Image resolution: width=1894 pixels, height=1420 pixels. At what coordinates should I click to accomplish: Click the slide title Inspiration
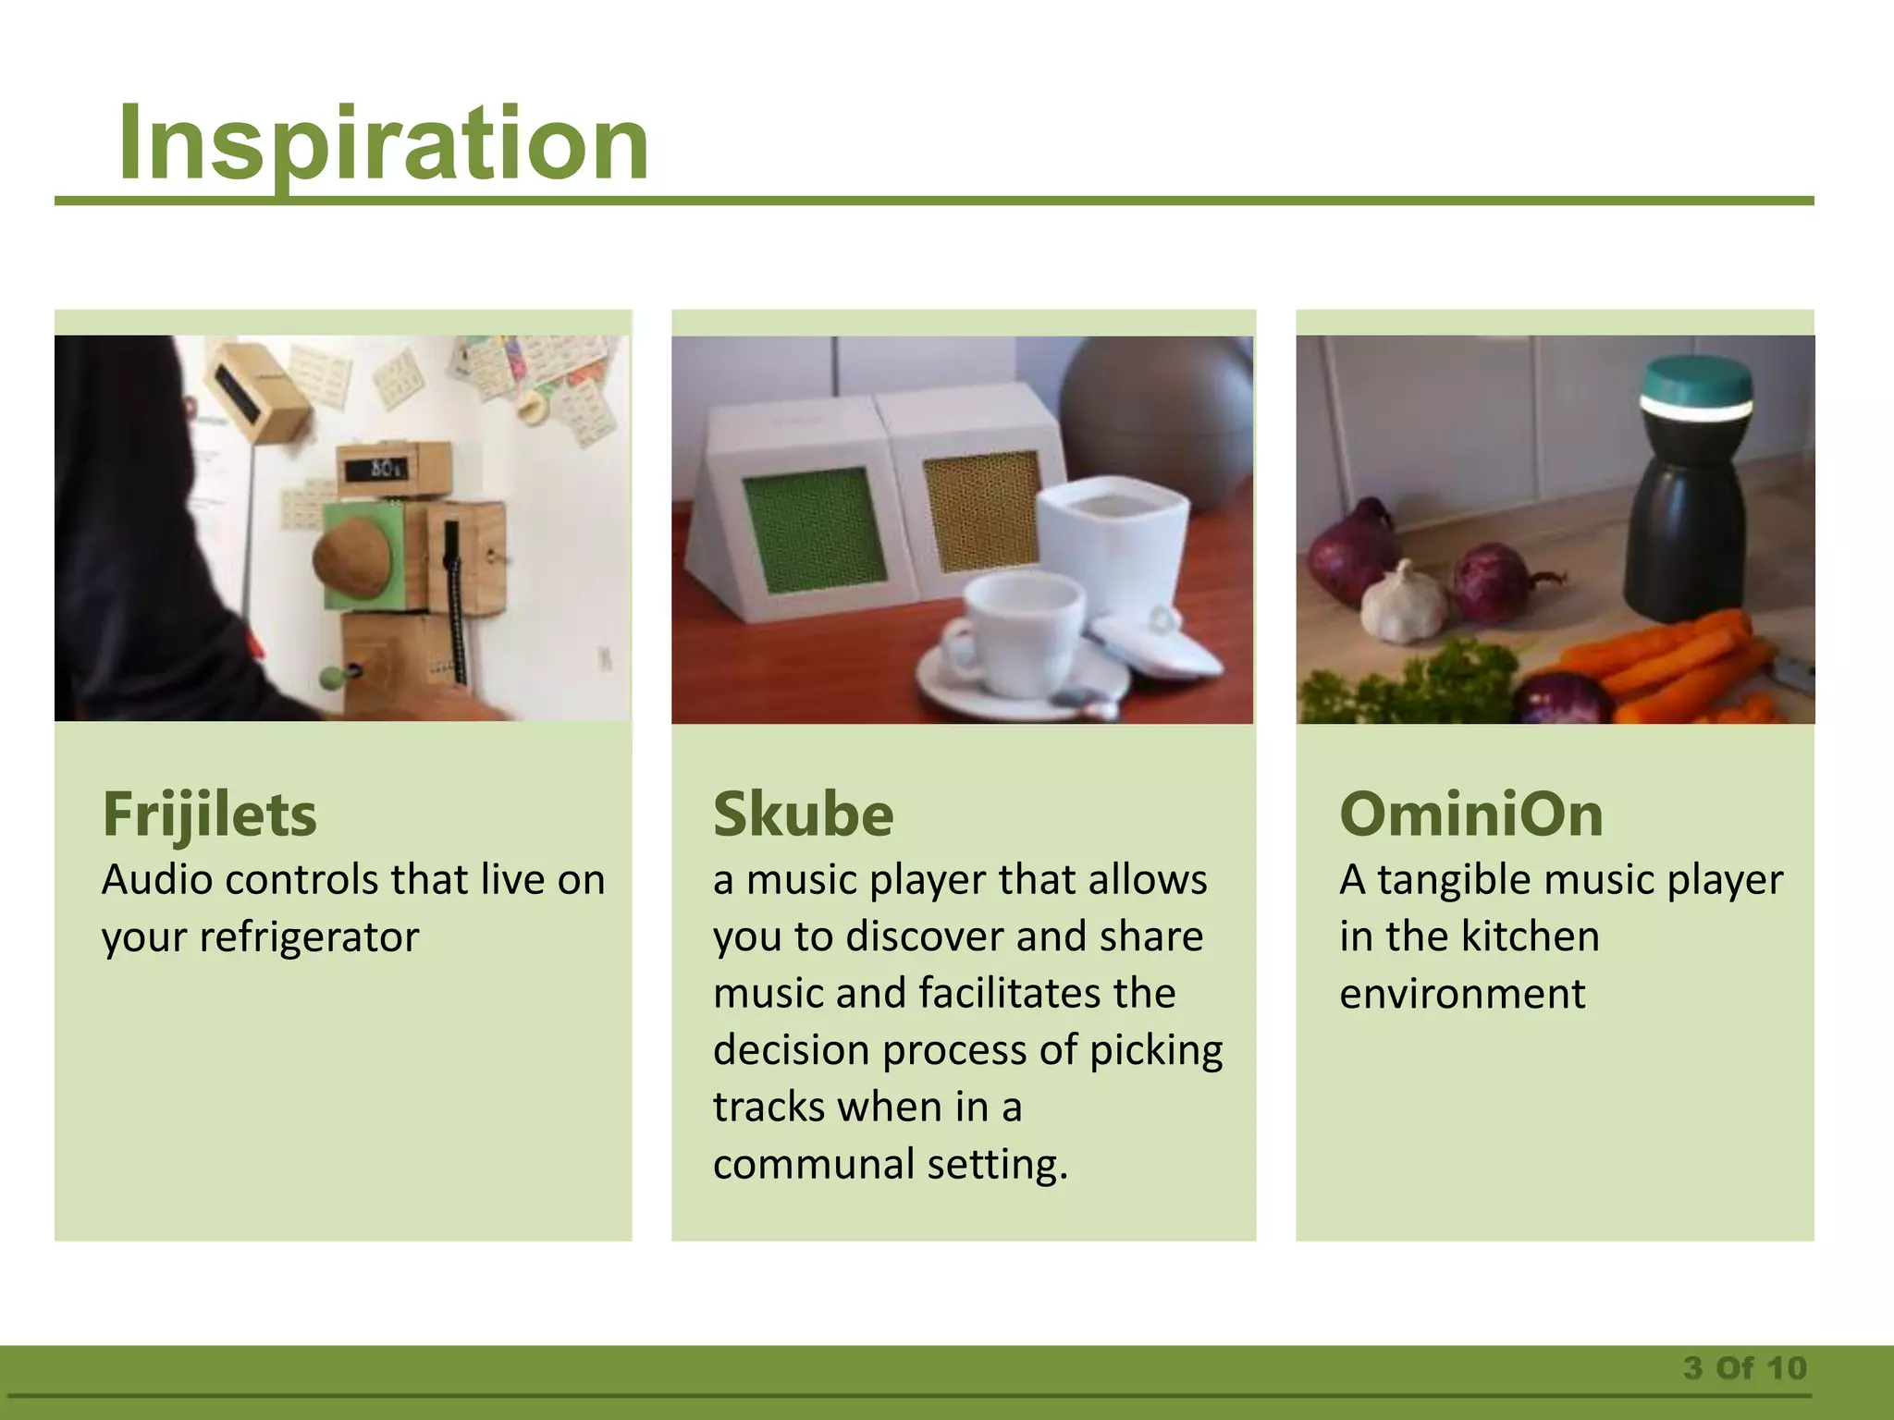point(383,143)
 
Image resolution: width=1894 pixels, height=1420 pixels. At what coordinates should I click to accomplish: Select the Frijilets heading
point(209,814)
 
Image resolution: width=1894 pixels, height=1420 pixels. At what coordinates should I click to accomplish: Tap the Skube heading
point(803,814)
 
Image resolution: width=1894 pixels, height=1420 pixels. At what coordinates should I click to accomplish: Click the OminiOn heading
point(1470,814)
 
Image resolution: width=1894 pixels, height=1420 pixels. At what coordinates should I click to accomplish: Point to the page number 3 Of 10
point(1744,1367)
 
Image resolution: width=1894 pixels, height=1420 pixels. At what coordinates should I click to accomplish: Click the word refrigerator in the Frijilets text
point(309,937)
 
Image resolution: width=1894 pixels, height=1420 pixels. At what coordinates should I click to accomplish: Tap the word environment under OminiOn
point(1461,994)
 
